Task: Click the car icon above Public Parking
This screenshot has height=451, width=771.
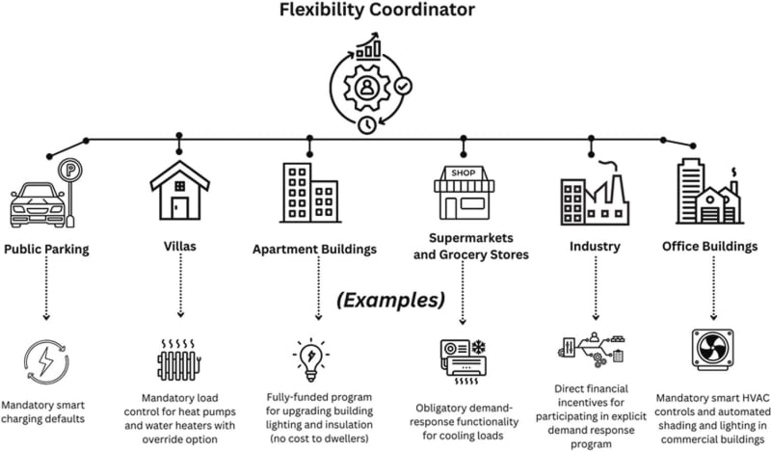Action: click(x=36, y=201)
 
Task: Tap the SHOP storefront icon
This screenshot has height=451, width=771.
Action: click(x=464, y=191)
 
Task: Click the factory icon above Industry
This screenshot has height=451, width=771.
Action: click(x=594, y=195)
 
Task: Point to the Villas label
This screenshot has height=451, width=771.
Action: click(x=179, y=246)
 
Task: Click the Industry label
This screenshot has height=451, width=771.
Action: click(x=594, y=246)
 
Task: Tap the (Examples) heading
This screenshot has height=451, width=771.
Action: click(x=389, y=299)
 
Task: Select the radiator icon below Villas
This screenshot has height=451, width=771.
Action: click(x=179, y=361)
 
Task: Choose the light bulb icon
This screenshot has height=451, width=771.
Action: click(x=310, y=357)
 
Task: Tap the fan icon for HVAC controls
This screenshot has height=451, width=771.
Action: click(x=714, y=353)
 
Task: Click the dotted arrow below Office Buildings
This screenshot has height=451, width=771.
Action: click(x=714, y=289)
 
